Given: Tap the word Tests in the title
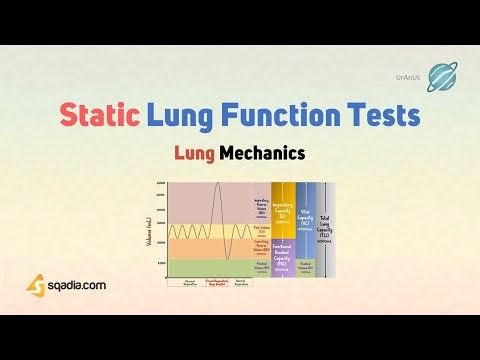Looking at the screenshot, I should click(x=381, y=117).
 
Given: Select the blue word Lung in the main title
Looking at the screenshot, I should click(x=181, y=117).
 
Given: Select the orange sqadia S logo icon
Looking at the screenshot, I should click(x=36, y=285).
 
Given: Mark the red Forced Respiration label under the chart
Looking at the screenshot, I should click(x=219, y=283).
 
